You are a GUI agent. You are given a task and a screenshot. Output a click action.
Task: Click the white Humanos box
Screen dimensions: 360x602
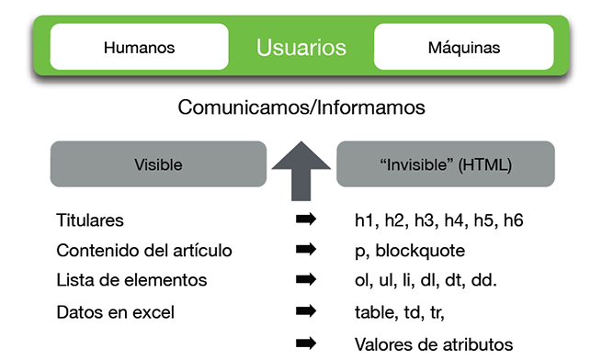[139, 47]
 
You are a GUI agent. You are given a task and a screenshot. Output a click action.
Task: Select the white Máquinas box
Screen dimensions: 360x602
[463, 47]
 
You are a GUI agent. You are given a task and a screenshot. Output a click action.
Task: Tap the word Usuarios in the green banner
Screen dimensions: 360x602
[301, 47]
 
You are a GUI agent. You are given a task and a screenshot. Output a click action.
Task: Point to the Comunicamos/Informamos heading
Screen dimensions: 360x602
[301, 107]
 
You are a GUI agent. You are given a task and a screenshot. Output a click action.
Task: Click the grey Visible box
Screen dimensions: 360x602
[158, 165]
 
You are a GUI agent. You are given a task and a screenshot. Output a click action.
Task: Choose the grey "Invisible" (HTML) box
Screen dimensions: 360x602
[446, 165]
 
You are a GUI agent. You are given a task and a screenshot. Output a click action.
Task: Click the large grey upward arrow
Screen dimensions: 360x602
[301, 168]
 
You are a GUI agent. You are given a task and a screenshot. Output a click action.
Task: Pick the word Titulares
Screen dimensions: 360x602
[90, 220]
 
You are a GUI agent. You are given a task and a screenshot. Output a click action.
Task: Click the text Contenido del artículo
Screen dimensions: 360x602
[144, 250]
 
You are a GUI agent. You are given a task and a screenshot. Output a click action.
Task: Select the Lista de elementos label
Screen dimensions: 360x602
[131, 280]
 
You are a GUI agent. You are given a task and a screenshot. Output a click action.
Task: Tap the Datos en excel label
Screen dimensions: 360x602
[116, 312]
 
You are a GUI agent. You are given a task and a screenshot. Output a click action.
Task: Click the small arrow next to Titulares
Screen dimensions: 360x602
[306, 219]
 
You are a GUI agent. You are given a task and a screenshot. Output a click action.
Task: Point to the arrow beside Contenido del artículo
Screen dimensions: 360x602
[306, 249]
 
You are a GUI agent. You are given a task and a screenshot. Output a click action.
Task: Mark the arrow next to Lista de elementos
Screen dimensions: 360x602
[306, 279]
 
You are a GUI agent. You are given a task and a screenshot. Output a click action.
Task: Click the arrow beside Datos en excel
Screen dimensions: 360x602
[306, 312]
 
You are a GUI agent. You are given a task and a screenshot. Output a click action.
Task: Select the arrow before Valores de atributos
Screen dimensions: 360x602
[306, 343]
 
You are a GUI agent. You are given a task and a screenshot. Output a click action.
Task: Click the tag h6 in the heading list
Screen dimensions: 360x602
[513, 220]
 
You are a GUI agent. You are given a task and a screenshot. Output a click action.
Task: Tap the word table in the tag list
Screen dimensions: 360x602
[372, 312]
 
